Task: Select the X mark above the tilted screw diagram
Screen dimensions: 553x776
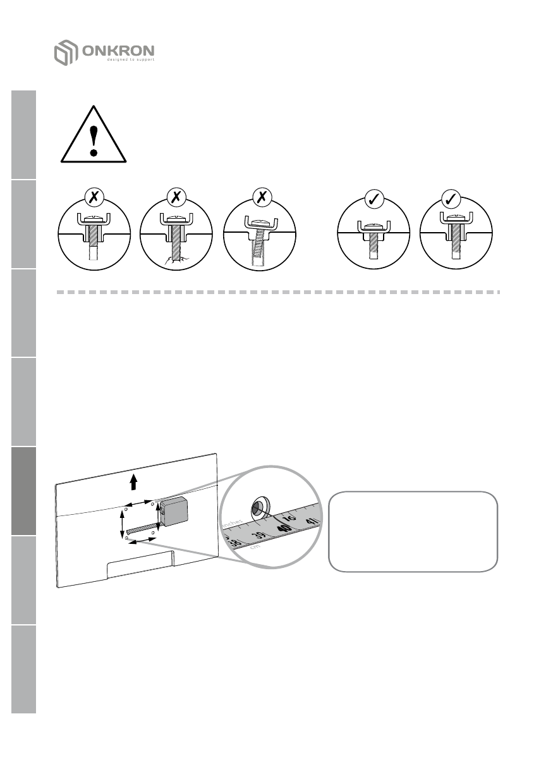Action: [261, 198]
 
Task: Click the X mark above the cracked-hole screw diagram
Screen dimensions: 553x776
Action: [176, 198]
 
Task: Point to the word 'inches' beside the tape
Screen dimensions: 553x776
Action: [233, 522]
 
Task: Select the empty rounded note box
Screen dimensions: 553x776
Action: [413, 531]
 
